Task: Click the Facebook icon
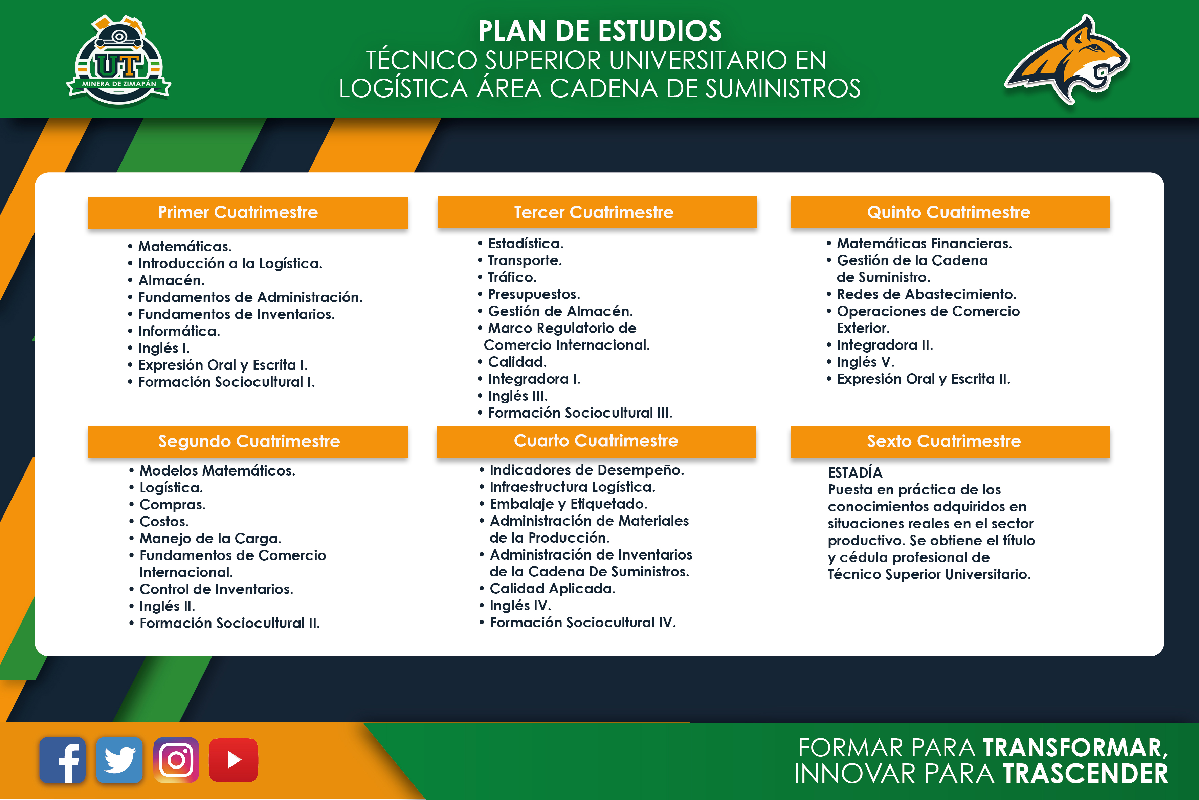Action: point(62,760)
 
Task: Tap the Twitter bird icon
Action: point(119,760)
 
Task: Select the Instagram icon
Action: point(176,760)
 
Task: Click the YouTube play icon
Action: point(234,760)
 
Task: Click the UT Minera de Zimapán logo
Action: point(119,60)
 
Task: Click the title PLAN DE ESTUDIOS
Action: point(600,31)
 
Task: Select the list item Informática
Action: point(179,331)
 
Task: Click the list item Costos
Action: point(164,522)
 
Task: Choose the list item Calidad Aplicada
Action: point(553,589)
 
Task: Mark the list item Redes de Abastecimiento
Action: point(926,294)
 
